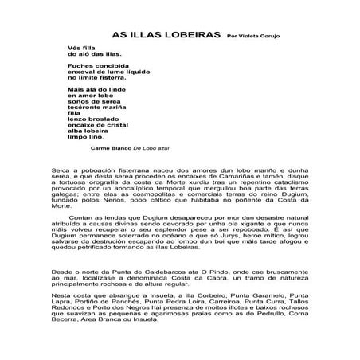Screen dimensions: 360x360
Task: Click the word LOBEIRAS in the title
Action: click(188, 35)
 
